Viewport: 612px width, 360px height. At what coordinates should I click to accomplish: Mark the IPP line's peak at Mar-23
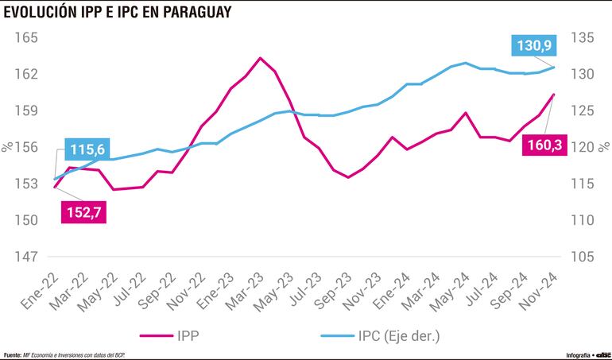pyautogui.click(x=260, y=58)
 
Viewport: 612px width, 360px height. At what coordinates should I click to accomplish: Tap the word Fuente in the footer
pyautogui.click(x=13, y=354)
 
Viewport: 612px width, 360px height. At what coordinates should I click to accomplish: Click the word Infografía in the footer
pyautogui.click(x=556, y=354)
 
